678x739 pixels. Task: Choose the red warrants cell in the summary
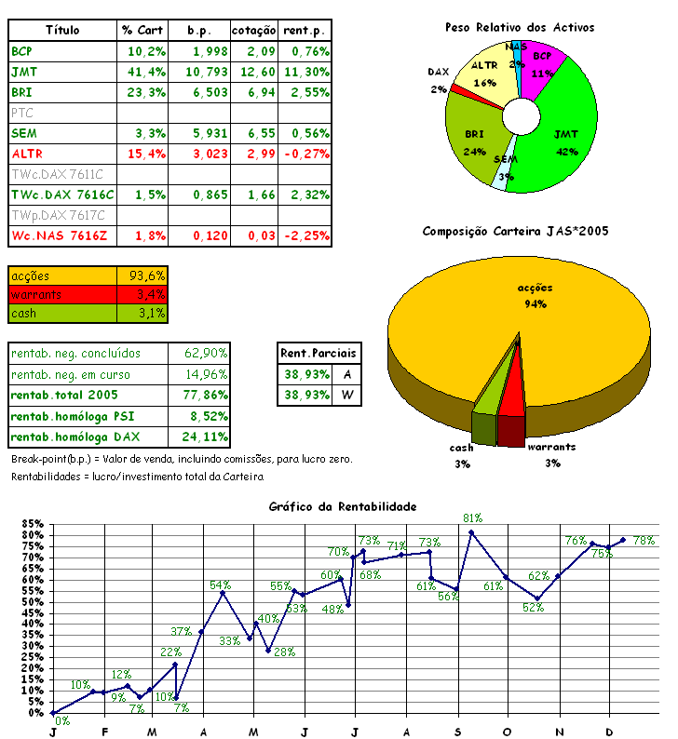click(x=62, y=294)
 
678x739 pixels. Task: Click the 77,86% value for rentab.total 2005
click(x=199, y=395)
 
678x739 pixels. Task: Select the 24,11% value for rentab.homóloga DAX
click(x=199, y=437)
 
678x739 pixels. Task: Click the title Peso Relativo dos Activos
click(x=520, y=28)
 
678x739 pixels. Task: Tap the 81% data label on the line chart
click(x=472, y=518)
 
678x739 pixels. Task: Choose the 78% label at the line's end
click(x=644, y=541)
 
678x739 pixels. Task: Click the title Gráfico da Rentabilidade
click(x=342, y=506)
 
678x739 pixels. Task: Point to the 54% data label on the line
click(x=220, y=585)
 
